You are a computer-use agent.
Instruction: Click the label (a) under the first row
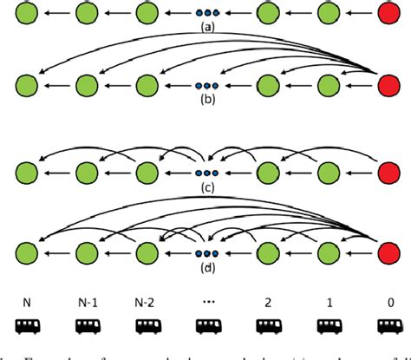(205, 27)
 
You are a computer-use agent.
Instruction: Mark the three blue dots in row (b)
(205, 86)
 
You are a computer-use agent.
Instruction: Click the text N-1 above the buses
(88, 302)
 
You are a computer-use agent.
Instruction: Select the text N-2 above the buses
(147, 302)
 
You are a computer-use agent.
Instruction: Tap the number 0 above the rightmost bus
(387, 302)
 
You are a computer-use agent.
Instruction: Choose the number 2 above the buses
(269, 302)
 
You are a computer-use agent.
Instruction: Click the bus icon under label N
(29, 327)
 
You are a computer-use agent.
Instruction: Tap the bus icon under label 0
(387, 327)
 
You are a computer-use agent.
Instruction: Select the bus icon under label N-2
(147, 327)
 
